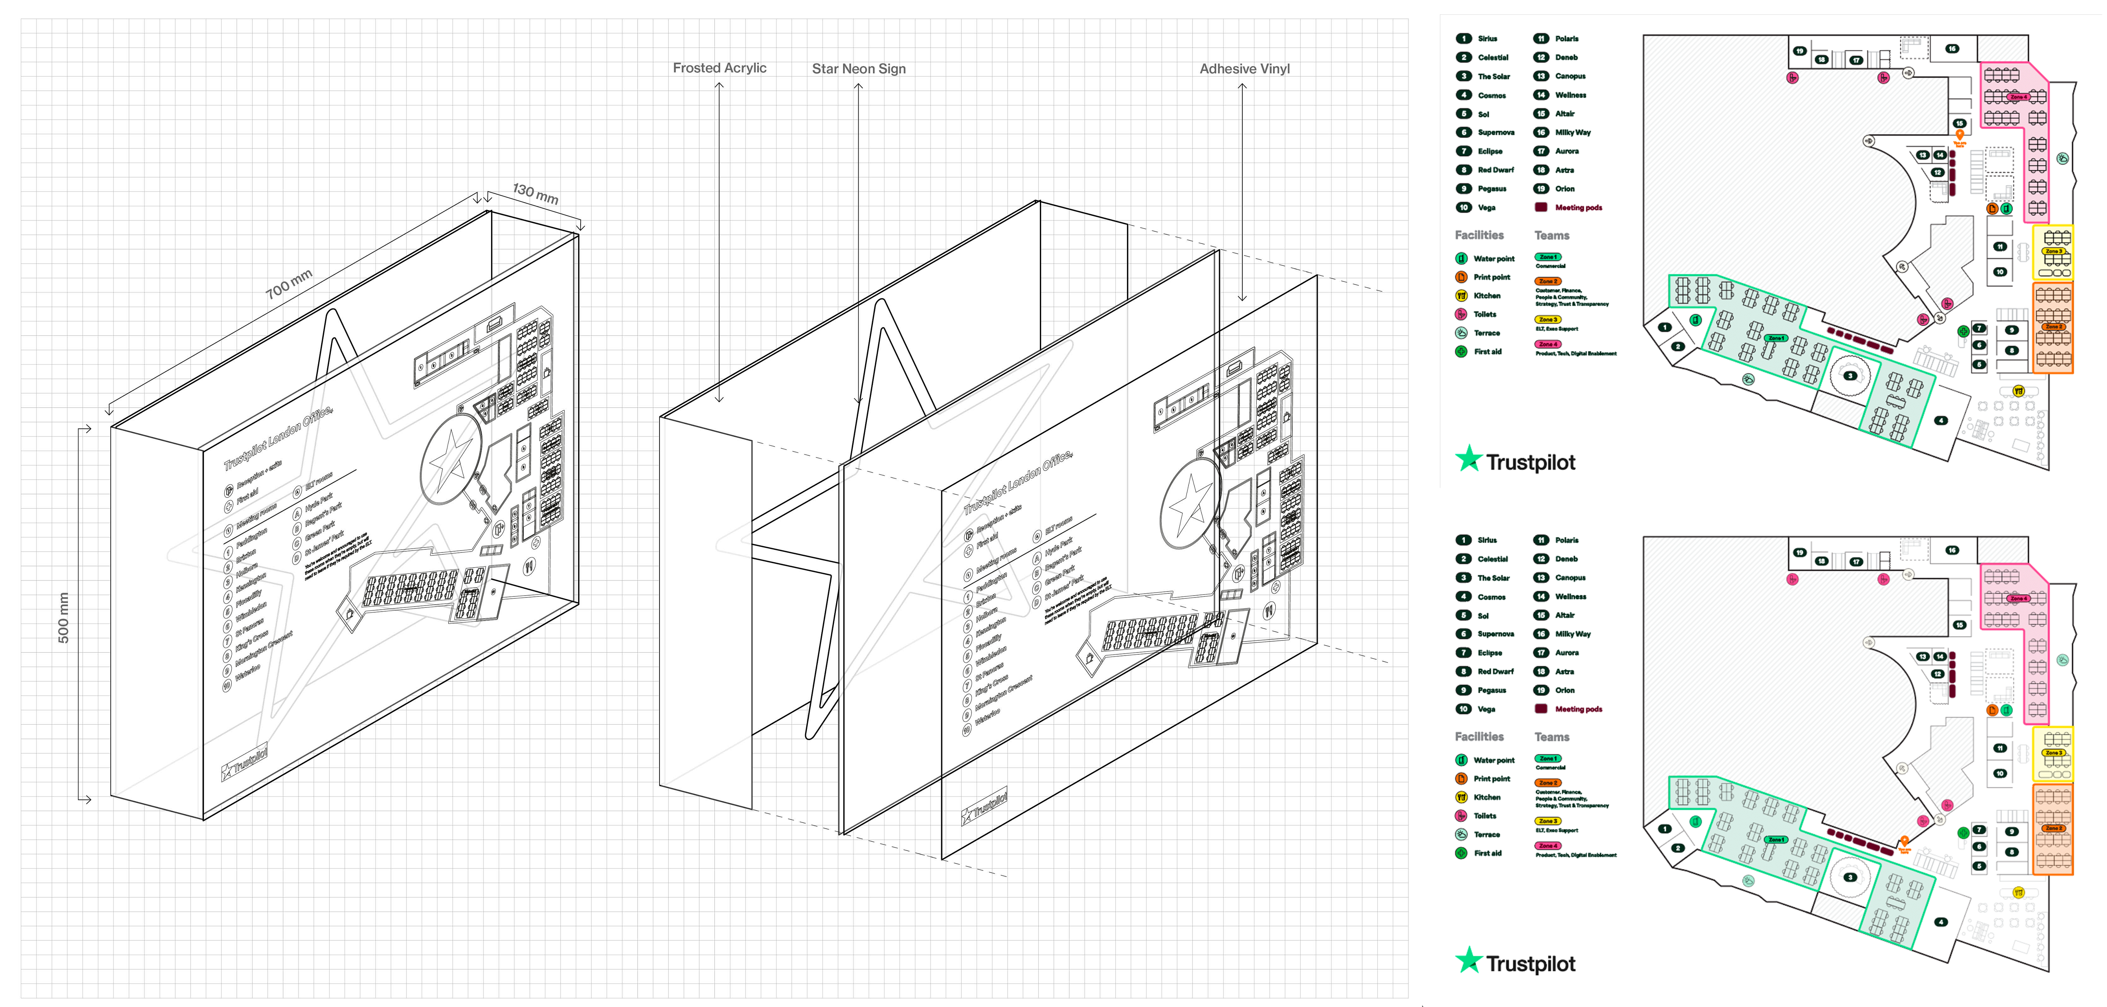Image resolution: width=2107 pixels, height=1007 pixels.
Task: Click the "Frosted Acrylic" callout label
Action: coord(719,68)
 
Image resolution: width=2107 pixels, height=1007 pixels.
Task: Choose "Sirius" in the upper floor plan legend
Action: coord(1487,38)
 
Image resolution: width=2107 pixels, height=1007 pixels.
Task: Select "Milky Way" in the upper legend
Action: coord(1572,133)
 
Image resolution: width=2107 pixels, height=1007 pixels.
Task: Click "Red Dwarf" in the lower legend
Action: coord(1495,671)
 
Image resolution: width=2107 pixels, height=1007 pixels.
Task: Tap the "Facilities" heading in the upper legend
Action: coord(1479,235)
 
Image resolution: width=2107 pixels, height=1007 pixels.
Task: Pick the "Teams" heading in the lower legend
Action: coord(1552,737)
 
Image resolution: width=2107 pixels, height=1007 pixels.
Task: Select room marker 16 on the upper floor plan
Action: coord(1952,48)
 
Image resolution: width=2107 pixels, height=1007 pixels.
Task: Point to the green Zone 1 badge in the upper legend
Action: coord(1548,257)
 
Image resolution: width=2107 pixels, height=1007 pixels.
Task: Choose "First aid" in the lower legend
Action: coord(1487,853)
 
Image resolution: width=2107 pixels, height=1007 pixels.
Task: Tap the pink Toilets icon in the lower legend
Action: coord(1461,816)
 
